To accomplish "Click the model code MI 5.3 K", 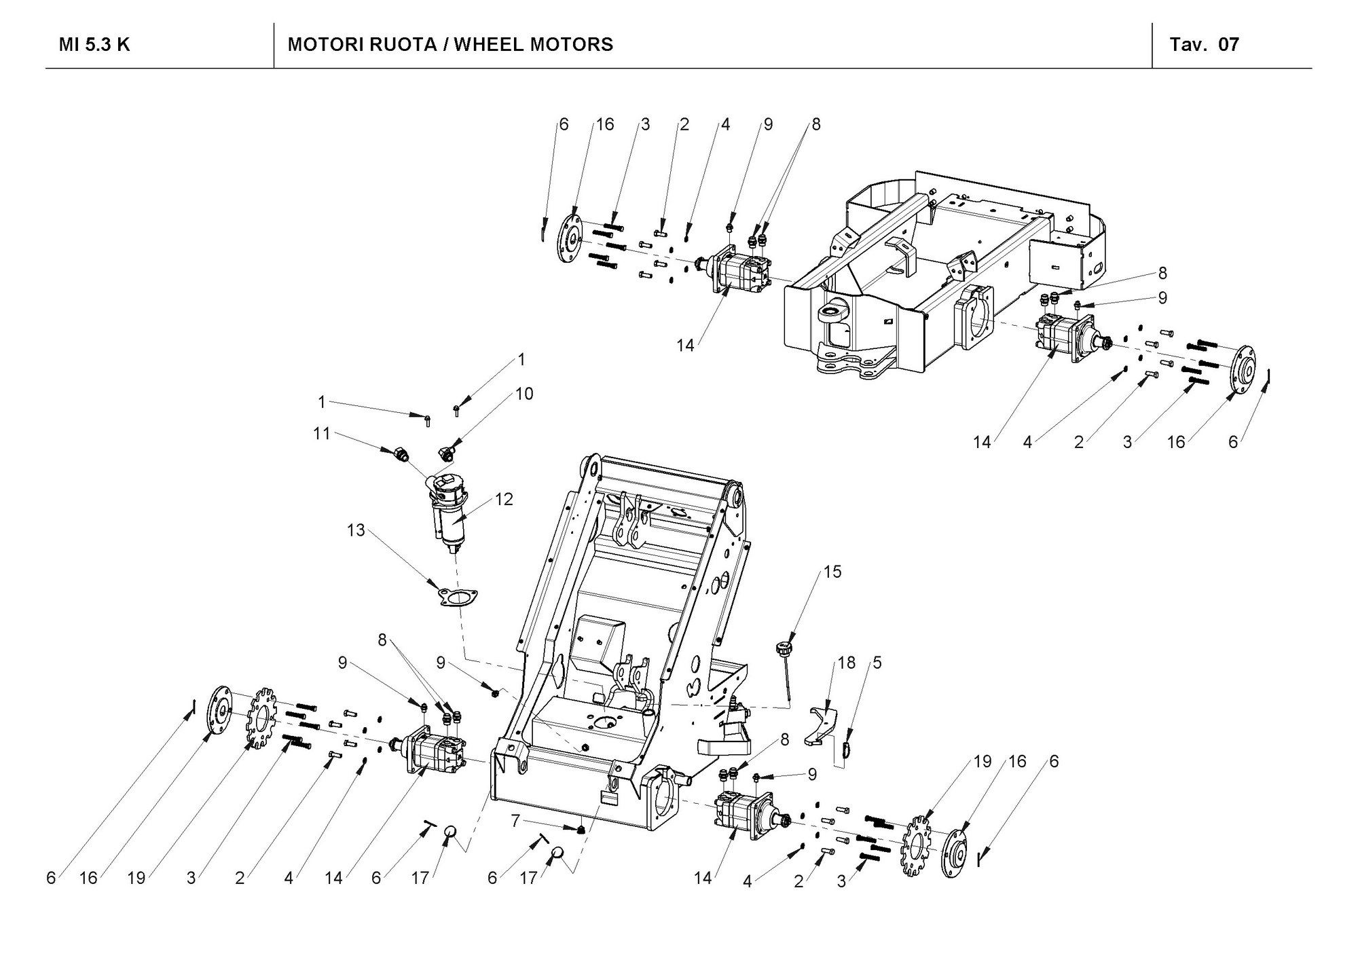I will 94,45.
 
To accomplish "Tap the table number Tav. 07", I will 1204,45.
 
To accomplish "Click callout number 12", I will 504,499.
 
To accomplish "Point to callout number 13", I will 356,530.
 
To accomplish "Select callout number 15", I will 832,572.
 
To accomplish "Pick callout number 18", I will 847,663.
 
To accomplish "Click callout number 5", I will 877,663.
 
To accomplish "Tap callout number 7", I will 515,821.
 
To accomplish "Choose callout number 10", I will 524,394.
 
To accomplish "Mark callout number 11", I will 321,433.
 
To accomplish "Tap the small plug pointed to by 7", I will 581,830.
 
